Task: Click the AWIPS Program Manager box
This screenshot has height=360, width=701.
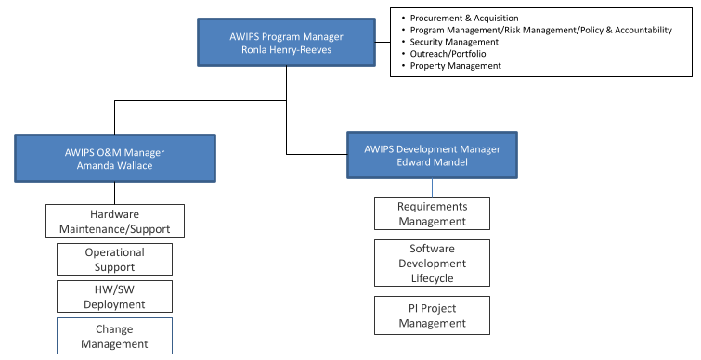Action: click(286, 43)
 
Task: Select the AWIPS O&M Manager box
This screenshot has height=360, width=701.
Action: click(115, 158)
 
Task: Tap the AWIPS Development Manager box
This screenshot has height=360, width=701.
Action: click(432, 155)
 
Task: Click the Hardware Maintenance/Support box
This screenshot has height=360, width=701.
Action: click(115, 221)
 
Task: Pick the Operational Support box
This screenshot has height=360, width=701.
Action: click(114, 259)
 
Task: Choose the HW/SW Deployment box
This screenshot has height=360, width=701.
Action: click(114, 296)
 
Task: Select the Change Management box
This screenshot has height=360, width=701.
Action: click(114, 336)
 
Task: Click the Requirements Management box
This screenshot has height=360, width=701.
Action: click(432, 213)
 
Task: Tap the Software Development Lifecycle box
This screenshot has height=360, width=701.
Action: click(432, 264)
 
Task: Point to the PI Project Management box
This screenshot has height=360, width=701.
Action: click(432, 315)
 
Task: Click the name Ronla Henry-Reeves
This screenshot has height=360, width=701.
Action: click(286, 49)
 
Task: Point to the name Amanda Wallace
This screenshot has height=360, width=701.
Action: click(114, 166)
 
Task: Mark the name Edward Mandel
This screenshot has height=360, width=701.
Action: click(432, 162)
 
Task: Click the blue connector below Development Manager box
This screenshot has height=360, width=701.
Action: click(432, 187)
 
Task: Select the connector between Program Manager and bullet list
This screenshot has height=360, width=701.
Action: click(383, 42)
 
